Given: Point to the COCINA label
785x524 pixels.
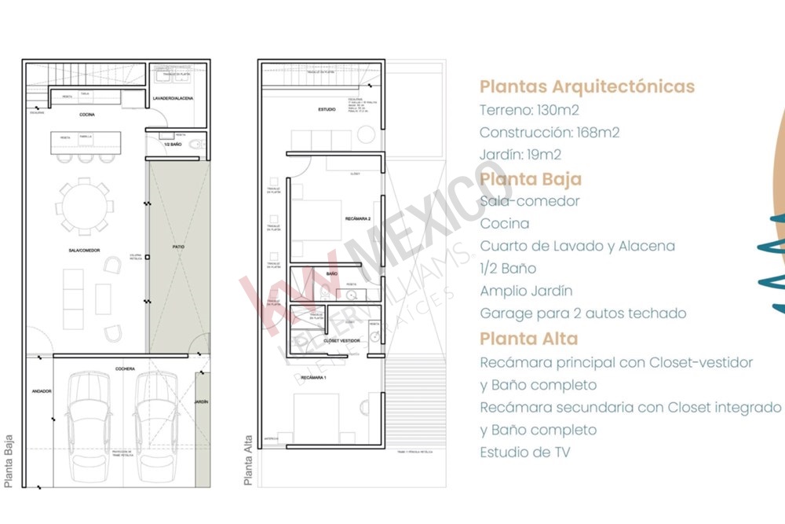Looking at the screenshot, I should pyautogui.click(x=87, y=115).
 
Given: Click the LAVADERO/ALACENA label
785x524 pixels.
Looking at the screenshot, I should pyautogui.click(x=173, y=98).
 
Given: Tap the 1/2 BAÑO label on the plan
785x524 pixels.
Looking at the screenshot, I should pyautogui.click(x=173, y=145).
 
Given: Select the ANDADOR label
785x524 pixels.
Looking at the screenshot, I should pyautogui.click(x=41, y=390).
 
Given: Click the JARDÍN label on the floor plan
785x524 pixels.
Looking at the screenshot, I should pyautogui.click(x=202, y=401).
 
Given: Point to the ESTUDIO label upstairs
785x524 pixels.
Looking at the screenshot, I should pyautogui.click(x=327, y=109).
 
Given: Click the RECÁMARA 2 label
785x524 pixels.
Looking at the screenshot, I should pyautogui.click(x=356, y=218).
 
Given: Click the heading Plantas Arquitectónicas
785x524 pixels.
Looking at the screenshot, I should pyautogui.click(x=586, y=86).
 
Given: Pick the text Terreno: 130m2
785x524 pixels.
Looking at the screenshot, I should pyautogui.click(x=529, y=110).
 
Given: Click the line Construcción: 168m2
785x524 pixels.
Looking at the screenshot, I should pyautogui.click(x=549, y=132).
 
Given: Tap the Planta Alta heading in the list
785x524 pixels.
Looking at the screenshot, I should pyautogui.click(x=528, y=339).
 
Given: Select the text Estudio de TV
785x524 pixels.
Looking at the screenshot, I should pyautogui.click(x=525, y=452).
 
